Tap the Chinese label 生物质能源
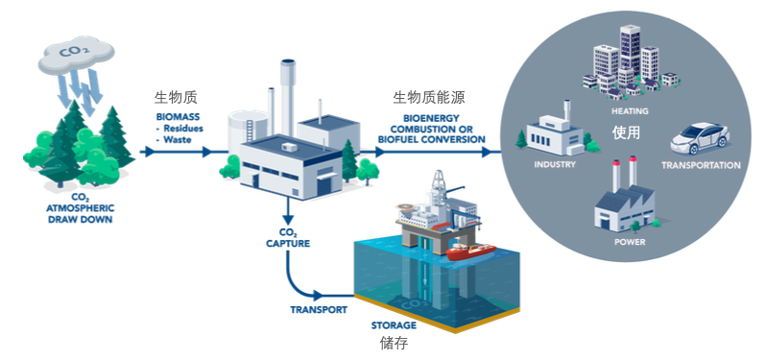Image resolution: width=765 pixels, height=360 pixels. [429, 98]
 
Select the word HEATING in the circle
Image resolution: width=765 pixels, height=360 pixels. [630, 111]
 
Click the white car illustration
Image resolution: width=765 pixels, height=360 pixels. [700, 136]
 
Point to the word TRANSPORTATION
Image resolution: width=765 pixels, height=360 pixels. [701, 165]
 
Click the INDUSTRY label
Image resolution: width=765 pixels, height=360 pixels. [555, 164]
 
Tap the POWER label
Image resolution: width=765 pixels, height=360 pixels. [630, 242]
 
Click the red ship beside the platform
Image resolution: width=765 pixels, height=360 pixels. [470, 252]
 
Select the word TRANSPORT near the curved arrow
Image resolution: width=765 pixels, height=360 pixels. [319, 310]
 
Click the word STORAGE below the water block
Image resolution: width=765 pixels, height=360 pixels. [394, 325]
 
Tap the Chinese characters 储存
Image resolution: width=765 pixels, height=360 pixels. [394, 344]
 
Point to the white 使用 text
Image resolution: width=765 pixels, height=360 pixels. [626, 132]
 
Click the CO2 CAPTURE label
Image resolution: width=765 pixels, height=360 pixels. [288, 237]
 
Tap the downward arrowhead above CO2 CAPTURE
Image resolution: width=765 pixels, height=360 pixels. [288, 216]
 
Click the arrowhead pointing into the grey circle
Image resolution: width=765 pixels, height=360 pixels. [486, 152]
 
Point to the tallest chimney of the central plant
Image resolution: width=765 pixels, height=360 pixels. [287, 97]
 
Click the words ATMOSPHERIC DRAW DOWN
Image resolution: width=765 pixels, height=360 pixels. [79, 214]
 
